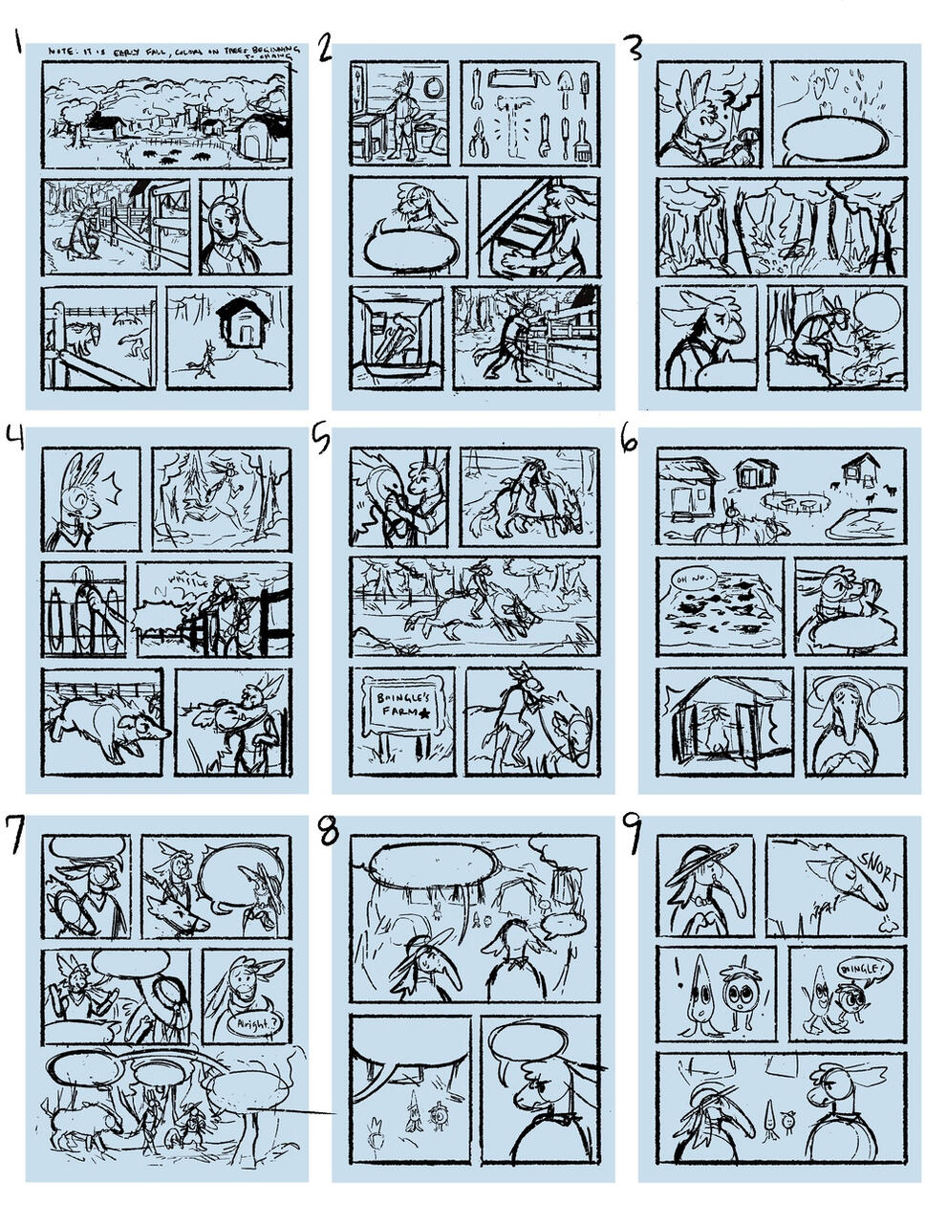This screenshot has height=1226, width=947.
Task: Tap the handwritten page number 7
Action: pyautogui.click(x=16, y=826)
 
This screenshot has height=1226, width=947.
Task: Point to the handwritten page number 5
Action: pyautogui.click(x=321, y=439)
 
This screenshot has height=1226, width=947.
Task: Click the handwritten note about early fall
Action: pyautogui.click(x=172, y=49)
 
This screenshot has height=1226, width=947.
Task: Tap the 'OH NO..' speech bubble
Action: pyautogui.click(x=688, y=579)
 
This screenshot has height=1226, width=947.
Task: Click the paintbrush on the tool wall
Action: pyautogui.click(x=583, y=136)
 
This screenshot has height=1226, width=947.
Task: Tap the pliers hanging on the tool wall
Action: pyautogui.click(x=481, y=138)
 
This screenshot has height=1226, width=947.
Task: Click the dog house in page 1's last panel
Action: pyautogui.click(x=245, y=325)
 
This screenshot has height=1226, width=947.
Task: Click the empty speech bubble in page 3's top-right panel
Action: pyautogui.click(x=837, y=140)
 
